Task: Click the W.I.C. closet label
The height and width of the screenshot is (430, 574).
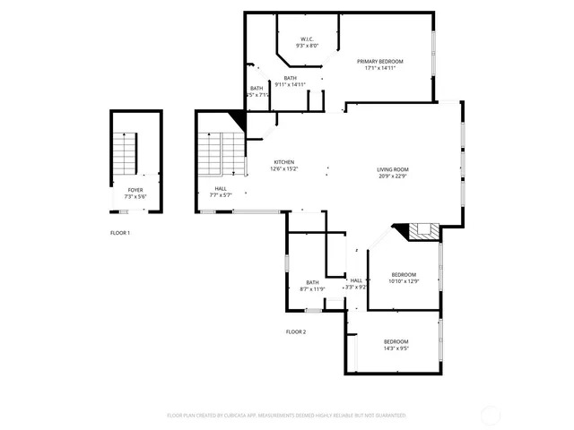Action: click(307, 39)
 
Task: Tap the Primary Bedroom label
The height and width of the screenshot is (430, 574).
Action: click(380, 61)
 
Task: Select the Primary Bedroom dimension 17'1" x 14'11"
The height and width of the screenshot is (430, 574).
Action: click(380, 67)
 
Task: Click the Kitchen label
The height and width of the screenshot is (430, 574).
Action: click(283, 162)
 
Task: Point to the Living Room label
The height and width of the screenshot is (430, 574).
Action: click(392, 169)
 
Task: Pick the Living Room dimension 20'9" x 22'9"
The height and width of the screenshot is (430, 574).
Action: click(392, 176)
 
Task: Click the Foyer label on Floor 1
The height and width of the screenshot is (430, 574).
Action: click(135, 190)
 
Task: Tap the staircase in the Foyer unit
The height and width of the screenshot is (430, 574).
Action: click(124, 154)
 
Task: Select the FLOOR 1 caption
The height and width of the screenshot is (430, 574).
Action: click(120, 233)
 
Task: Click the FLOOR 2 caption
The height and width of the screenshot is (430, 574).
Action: click(296, 331)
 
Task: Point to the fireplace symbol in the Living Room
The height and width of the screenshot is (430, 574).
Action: click(425, 232)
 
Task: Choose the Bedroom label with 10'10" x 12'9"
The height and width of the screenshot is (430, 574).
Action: click(404, 274)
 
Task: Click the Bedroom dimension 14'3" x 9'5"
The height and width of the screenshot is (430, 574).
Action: click(396, 348)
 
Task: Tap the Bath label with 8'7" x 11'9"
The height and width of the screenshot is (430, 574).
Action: click(312, 282)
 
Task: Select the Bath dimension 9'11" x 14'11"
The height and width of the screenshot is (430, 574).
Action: click(291, 84)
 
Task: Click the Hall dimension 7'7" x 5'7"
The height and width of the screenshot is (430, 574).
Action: click(221, 194)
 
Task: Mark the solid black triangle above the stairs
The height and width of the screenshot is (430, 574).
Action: click(239, 119)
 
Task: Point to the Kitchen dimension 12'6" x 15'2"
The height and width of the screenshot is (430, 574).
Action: click(283, 168)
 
